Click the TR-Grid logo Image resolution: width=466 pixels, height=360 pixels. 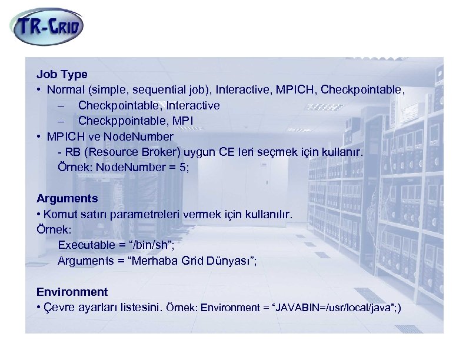[x=48, y=26]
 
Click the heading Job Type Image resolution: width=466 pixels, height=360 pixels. [x=62, y=75]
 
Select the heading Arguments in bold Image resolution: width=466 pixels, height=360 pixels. [x=67, y=199]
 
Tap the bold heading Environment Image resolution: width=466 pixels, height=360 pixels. [x=72, y=292]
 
